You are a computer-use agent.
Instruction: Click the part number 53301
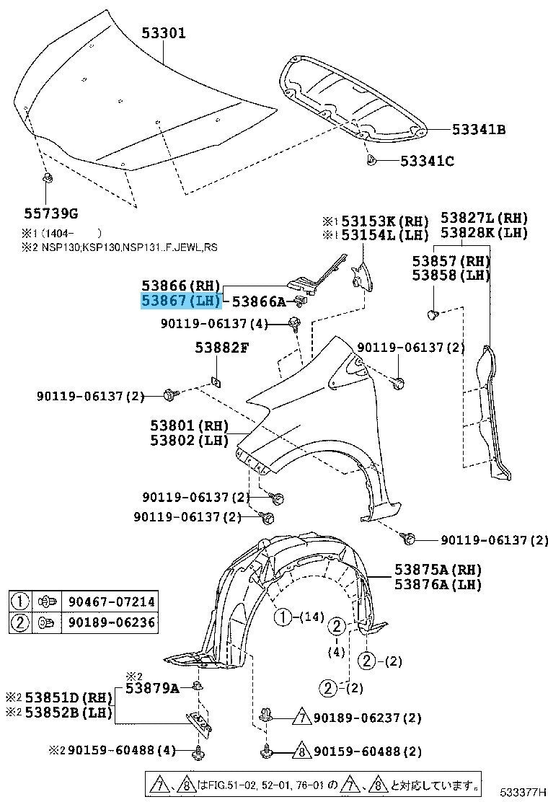[x=164, y=32]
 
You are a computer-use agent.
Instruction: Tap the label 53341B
[x=479, y=130]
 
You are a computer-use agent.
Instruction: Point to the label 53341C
[x=428, y=161]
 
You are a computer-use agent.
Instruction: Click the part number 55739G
[x=50, y=213]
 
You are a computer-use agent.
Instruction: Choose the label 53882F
[x=221, y=348]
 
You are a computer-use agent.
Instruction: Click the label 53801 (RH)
[x=189, y=426]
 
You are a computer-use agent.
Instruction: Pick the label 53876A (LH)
[x=438, y=585]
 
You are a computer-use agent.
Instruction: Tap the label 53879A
[x=152, y=688]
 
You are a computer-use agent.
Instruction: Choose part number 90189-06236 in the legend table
[x=111, y=622]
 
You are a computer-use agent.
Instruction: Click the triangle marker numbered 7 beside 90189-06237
[x=301, y=718]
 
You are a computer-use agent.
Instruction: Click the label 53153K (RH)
[x=384, y=221]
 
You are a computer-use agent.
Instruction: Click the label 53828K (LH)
[x=485, y=232]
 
